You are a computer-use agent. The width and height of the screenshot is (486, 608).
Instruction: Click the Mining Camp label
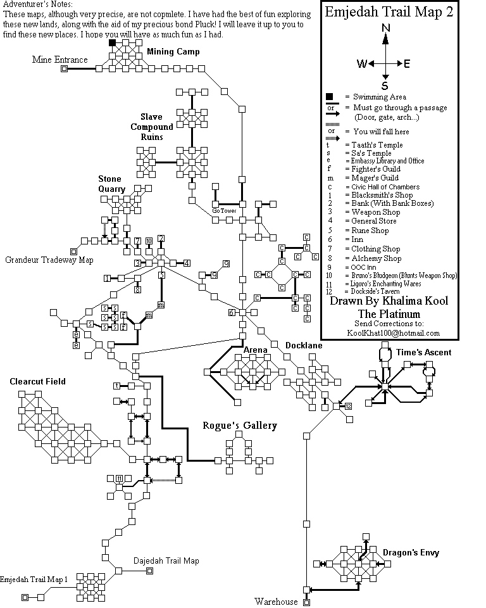(173, 51)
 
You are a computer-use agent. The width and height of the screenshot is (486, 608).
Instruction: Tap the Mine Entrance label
(59, 60)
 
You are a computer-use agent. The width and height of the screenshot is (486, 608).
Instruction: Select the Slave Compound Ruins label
(152, 127)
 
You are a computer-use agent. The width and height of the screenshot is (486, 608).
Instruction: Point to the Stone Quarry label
(112, 184)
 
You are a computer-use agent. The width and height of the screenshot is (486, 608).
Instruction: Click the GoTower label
(224, 210)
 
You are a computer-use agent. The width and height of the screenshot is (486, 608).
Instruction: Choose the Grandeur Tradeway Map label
(49, 260)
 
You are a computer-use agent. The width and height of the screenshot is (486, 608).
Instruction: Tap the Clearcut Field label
(37, 381)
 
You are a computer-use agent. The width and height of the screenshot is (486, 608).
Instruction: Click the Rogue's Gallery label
(240, 426)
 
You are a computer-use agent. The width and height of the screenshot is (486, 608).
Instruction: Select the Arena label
(255, 350)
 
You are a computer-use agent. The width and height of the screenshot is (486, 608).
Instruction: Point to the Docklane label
(304, 346)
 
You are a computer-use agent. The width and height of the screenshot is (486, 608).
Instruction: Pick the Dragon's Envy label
(411, 553)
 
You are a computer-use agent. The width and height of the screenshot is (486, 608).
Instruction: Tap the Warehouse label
(276, 601)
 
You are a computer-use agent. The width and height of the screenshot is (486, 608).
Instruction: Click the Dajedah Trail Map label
(166, 560)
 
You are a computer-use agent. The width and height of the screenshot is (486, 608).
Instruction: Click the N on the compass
(385, 28)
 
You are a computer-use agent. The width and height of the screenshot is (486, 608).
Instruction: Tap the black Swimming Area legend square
(329, 97)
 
